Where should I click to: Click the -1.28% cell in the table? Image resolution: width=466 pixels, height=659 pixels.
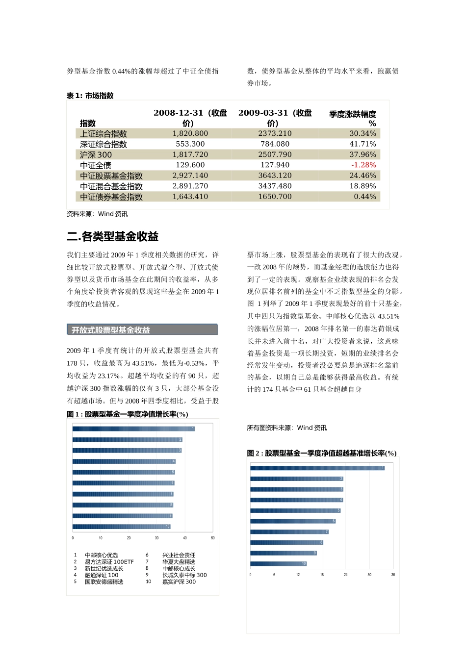click(363, 165)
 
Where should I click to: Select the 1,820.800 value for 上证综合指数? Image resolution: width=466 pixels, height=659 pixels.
click(190, 133)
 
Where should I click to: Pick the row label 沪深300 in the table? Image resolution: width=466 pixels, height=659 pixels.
click(96, 155)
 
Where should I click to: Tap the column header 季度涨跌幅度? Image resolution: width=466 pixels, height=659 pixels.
click(352, 114)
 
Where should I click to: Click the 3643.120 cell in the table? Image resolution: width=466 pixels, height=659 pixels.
click(275, 176)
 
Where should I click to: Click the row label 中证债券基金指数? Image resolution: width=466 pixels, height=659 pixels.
click(111, 197)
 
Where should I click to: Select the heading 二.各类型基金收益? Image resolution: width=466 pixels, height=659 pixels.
click(113, 237)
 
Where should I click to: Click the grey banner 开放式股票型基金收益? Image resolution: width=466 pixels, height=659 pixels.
click(142, 330)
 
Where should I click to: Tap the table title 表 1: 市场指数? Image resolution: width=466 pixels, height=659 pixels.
click(90, 96)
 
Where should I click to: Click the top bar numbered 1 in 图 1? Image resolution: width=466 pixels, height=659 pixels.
click(133, 429)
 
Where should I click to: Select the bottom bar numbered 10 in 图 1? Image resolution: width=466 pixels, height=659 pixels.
click(121, 527)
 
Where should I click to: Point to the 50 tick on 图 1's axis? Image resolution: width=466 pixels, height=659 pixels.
click(213, 538)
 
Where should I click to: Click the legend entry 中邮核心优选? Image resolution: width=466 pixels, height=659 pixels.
click(101, 555)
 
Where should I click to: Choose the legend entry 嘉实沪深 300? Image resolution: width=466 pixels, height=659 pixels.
click(179, 582)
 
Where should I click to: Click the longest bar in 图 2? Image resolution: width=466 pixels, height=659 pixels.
click(317, 468)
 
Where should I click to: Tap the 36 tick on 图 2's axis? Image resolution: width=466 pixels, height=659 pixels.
click(393, 575)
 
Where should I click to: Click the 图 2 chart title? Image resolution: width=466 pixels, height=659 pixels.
click(322, 453)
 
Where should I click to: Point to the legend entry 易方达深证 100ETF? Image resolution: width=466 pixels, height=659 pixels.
click(109, 562)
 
